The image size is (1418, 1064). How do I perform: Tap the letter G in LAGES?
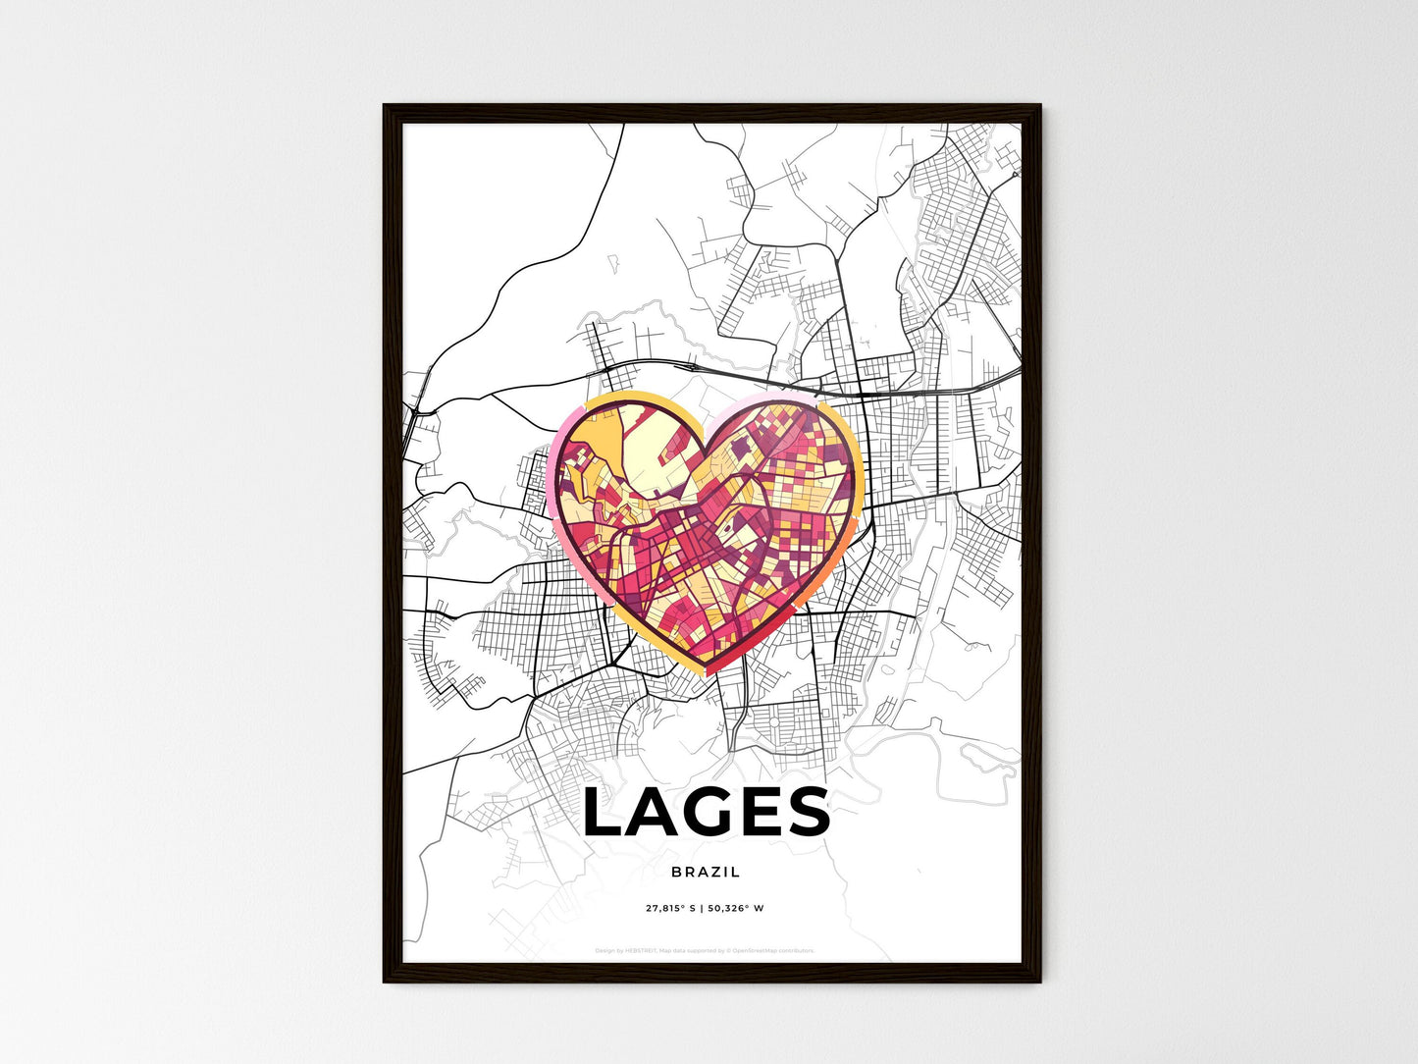coord(718,813)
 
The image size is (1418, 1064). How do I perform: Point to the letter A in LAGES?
coord(657,813)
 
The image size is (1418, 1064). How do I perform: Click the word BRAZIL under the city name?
coord(706,872)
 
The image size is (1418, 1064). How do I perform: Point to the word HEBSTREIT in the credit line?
coord(644,950)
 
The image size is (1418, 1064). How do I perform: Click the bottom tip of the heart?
coord(709,670)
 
